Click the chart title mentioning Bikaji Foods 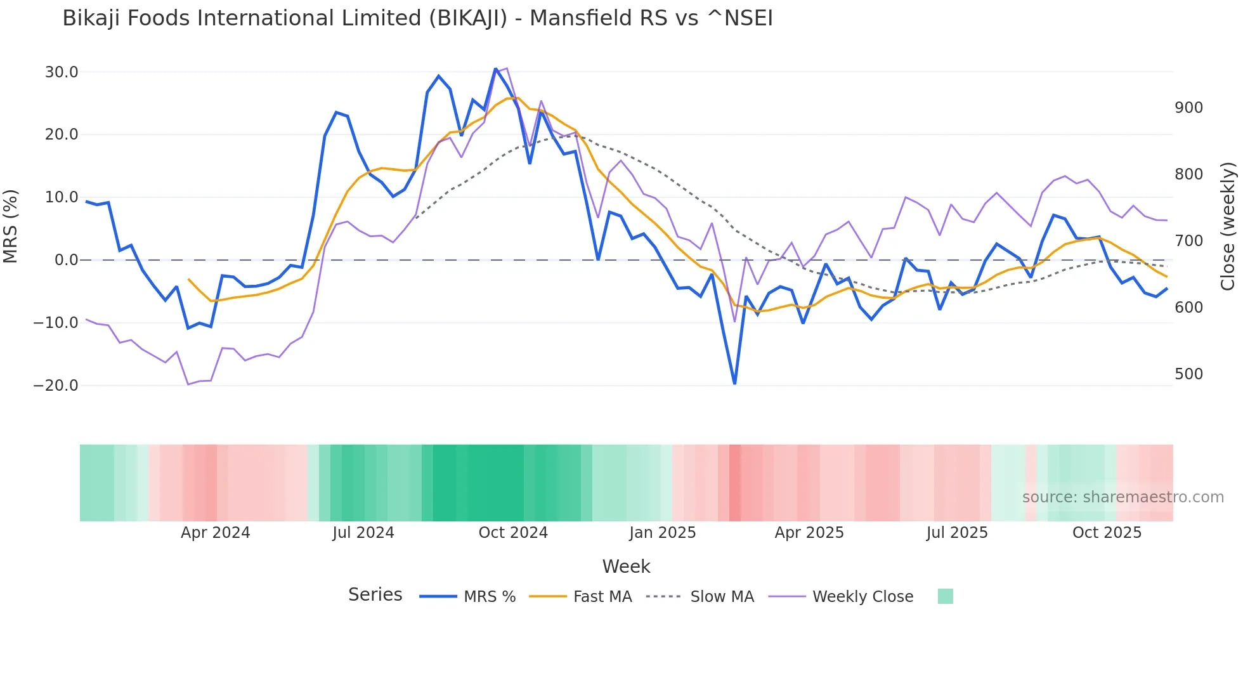point(417,18)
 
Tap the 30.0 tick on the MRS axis point(62,72)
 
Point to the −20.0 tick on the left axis point(56,386)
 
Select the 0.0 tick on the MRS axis point(67,260)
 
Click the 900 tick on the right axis point(1188,108)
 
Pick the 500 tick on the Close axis point(1188,374)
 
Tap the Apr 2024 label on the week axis point(215,533)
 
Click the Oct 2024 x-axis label point(513,533)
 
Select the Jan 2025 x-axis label point(662,533)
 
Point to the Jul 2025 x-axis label point(957,533)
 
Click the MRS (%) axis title point(11,226)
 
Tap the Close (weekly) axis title point(1228,226)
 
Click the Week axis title point(626,566)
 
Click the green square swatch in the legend point(945,596)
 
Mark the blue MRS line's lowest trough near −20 point(734,383)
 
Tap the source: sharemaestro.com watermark point(1123,497)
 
